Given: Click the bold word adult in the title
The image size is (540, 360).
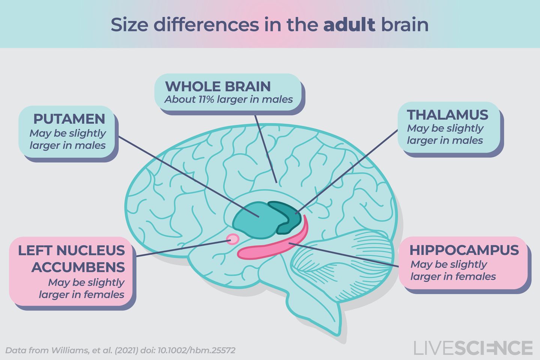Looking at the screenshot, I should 349,25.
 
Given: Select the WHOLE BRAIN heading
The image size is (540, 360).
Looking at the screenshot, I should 217,87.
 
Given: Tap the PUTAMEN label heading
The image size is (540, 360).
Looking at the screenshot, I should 69,119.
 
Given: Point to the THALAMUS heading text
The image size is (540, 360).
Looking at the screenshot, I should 447,115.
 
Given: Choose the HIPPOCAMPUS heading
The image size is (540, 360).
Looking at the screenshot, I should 464,250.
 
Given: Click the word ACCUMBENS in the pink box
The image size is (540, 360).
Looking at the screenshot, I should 78,267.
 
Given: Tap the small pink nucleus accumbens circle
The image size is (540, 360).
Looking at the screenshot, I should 233,239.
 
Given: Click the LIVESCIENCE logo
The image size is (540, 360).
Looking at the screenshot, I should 473,348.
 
